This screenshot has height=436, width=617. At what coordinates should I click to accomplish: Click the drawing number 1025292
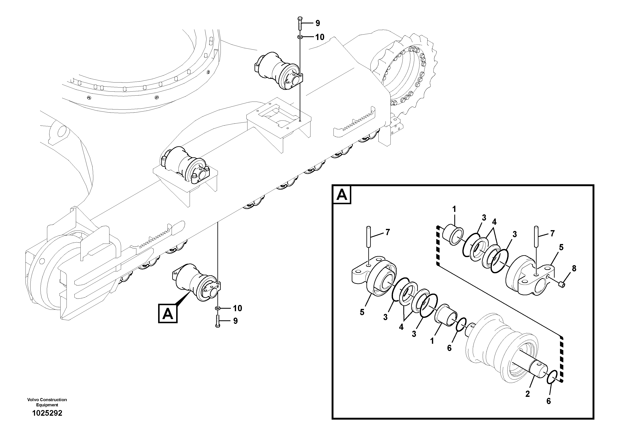47,413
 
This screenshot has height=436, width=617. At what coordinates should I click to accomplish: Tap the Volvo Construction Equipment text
47,402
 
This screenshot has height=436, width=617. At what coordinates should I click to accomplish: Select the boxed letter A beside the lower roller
168,313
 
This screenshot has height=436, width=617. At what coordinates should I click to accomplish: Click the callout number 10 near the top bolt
320,37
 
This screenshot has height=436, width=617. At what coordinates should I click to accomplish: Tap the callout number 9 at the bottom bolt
235,321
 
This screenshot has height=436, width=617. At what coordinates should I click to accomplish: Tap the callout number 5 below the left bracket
362,312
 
